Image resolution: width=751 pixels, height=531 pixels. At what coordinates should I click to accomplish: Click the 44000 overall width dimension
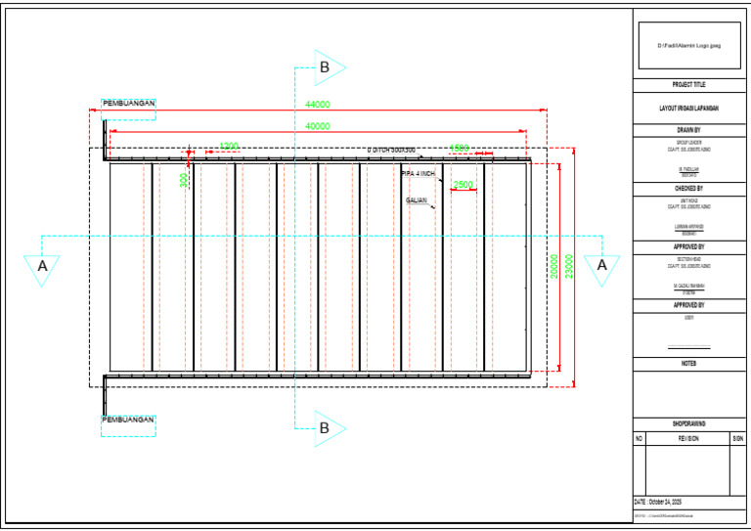pos(318,105)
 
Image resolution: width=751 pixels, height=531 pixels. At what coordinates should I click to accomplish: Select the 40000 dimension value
pos(318,126)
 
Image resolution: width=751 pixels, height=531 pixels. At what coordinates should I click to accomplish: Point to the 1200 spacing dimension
pos(229,147)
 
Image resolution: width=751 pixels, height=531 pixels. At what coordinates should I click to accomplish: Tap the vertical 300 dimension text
pos(184,180)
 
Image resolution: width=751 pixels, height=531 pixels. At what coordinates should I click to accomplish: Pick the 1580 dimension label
pos(459,149)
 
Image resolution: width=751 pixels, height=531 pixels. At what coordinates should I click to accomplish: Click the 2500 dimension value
pos(464,184)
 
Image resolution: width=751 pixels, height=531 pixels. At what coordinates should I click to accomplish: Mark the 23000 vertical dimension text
pos(569,266)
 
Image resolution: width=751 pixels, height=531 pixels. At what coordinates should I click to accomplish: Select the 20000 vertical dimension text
pos(554,266)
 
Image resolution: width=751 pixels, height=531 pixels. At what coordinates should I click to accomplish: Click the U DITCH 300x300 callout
pos(391,150)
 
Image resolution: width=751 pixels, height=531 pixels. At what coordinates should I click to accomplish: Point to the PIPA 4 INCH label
pos(419,173)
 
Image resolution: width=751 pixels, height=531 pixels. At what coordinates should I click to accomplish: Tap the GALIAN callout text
pos(417,200)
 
